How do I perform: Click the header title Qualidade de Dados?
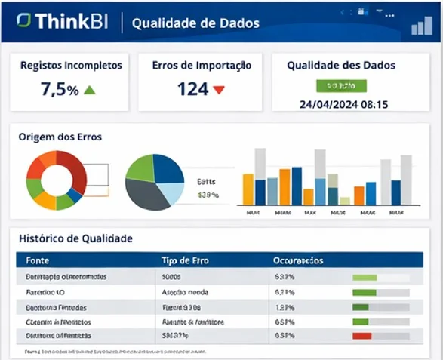(x=195, y=23)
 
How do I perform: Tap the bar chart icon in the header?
(x=421, y=26)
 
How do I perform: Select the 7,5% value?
(x=60, y=90)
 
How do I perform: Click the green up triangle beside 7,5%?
(x=90, y=90)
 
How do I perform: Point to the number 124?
(x=192, y=89)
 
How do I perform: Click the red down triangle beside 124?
(x=219, y=90)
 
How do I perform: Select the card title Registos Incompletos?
(x=71, y=66)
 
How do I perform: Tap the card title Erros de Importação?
(x=202, y=66)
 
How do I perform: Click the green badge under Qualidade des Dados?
(x=341, y=85)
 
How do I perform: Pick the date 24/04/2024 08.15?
(x=343, y=104)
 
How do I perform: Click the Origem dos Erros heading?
(x=60, y=137)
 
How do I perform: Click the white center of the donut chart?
(x=57, y=180)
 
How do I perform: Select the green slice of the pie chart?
(x=141, y=169)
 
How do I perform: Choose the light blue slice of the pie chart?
(x=173, y=194)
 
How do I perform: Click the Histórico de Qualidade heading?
(x=75, y=238)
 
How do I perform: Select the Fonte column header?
(x=38, y=260)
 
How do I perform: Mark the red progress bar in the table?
(x=362, y=335)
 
